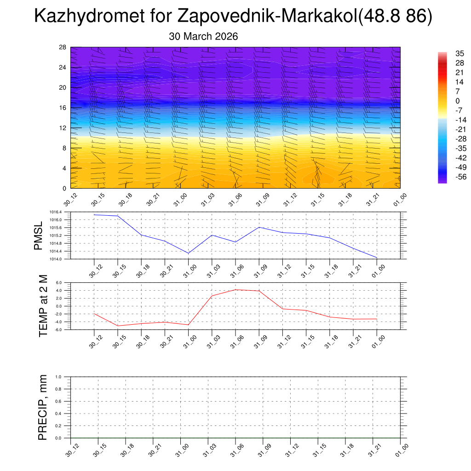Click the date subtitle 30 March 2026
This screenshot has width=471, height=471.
click(203, 36)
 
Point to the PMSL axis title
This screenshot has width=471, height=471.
click(38, 235)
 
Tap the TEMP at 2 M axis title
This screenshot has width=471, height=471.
click(44, 306)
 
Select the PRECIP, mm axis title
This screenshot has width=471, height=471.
click(43, 408)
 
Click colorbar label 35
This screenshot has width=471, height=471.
click(447, 53)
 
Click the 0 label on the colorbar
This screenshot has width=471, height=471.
click(445, 101)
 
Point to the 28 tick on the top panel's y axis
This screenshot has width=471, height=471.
click(63, 47)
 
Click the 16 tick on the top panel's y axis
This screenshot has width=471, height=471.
click(63, 108)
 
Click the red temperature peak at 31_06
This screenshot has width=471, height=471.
click(235, 289)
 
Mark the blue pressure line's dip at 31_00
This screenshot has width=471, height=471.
click(188, 253)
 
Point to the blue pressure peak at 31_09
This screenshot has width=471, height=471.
click(259, 227)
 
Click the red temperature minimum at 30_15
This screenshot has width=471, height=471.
click(118, 326)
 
